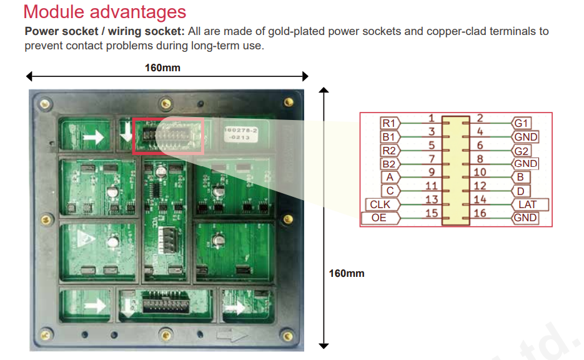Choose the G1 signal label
(521, 123)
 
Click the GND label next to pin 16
(525, 218)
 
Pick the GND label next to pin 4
(525, 137)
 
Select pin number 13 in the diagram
(432, 200)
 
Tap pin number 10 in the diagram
(480, 172)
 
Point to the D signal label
(521, 191)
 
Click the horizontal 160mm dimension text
(162, 68)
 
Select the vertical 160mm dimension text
(347, 274)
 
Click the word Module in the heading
(54, 11)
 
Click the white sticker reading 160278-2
(240, 134)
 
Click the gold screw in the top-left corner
(45, 104)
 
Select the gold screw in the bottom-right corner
(287, 336)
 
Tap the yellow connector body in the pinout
(455, 171)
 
